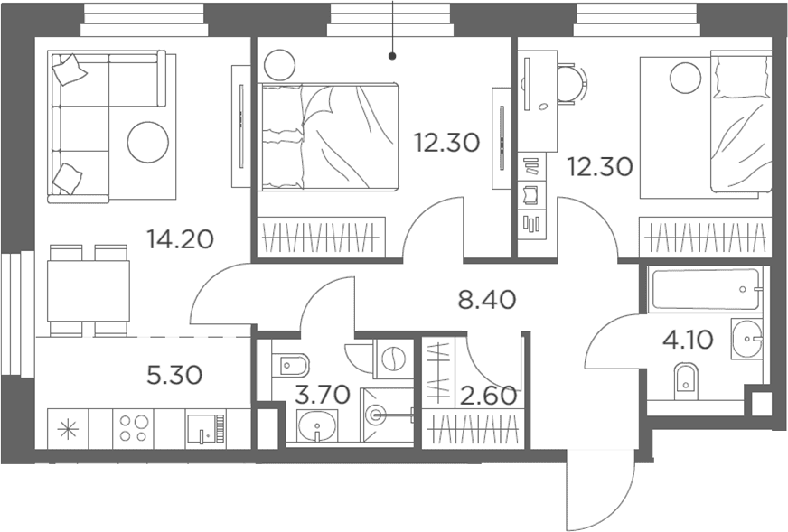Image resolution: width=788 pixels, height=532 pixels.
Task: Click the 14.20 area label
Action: (181, 239)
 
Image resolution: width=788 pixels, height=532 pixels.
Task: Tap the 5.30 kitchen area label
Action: (174, 375)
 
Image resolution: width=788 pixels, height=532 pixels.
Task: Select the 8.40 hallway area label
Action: (487, 300)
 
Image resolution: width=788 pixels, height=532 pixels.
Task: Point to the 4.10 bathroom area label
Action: (688, 341)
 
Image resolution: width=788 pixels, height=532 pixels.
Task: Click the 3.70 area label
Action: (322, 395)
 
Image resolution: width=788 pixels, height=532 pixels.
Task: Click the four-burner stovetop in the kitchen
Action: (133, 428)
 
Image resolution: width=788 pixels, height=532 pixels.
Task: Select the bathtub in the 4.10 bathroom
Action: (705, 289)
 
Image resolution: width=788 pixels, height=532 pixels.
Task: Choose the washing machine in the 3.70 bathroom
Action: (393, 359)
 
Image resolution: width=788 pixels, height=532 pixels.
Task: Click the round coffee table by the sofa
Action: (148, 142)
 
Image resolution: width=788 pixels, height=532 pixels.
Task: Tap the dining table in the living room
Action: (89, 290)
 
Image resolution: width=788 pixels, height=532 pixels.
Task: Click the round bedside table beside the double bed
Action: (279, 65)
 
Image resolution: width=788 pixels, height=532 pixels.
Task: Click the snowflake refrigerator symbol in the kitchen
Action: (68, 430)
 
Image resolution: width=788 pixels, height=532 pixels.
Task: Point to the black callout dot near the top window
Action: (392, 56)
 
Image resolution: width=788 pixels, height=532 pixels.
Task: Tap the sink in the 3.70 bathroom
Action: (317, 425)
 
